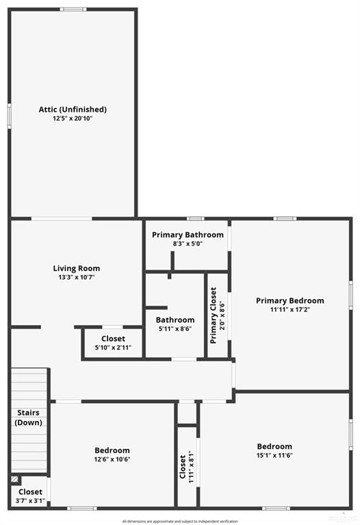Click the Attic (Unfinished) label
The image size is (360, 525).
tap(73, 110)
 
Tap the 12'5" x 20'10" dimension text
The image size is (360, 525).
tap(73, 118)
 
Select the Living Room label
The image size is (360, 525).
tap(77, 268)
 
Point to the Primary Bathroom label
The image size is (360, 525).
tap(188, 235)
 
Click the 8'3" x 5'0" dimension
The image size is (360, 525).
tap(188, 244)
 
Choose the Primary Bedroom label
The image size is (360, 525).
tap(290, 300)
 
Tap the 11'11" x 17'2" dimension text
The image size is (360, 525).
tap(290, 309)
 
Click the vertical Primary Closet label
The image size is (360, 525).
tap(214, 315)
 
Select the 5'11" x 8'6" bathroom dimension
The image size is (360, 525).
tap(175, 329)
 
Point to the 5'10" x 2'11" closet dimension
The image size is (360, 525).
tap(113, 348)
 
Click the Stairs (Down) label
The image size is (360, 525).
tap(29, 418)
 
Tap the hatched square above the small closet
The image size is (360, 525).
tap(14, 479)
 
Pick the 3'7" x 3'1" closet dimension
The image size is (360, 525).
tap(30, 501)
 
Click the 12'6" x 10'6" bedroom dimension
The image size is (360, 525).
tap(112, 459)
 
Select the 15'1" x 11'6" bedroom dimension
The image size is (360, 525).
tap(274, 455)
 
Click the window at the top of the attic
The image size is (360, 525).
tap(73, 10)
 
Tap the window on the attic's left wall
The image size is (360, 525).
tap(10, 116)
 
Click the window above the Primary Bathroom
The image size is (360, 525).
tap(196, 218)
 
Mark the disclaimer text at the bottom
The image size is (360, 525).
tap(180, 522)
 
